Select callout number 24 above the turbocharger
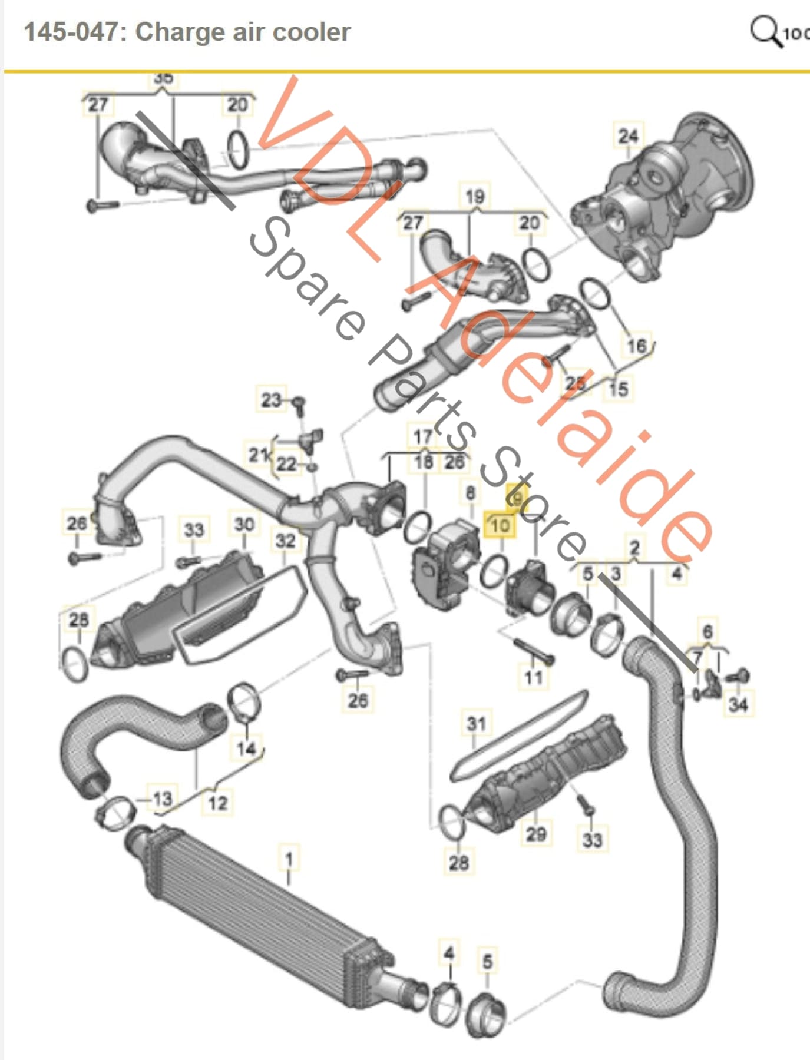pos(628,136)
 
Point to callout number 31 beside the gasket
pos(476,723)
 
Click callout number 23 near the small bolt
pos(271,400)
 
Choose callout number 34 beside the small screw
pos(738,704)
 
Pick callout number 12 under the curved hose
pos(217,803)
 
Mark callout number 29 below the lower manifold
pos(535,833)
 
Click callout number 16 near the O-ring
pos(637,346)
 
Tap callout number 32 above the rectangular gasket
pos(285,540)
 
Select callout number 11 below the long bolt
pos(534,677)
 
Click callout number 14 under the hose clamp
pos(246,748)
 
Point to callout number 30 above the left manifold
pos(244,524)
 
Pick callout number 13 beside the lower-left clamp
pos(162,799)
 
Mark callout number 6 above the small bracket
pos(707,632)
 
